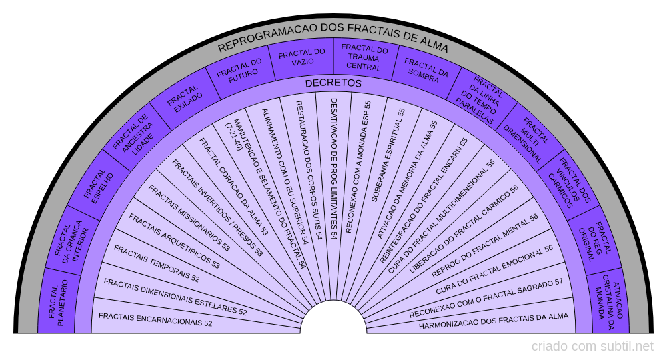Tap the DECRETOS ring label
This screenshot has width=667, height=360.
pos(333,83)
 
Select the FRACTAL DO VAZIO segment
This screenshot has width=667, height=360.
pos(302,57)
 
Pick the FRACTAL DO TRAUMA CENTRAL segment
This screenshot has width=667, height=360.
pos(364,57)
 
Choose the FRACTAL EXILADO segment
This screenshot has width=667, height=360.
pos(185,99)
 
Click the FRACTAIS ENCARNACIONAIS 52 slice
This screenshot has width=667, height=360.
pos(155,319)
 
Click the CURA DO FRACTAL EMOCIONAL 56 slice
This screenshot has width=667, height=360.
pos(494,270)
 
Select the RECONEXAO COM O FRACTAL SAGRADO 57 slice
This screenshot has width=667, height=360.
pos(486,299)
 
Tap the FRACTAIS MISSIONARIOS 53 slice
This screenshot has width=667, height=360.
pos(189,218)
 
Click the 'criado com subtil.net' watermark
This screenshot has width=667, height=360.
pos(592,347)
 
